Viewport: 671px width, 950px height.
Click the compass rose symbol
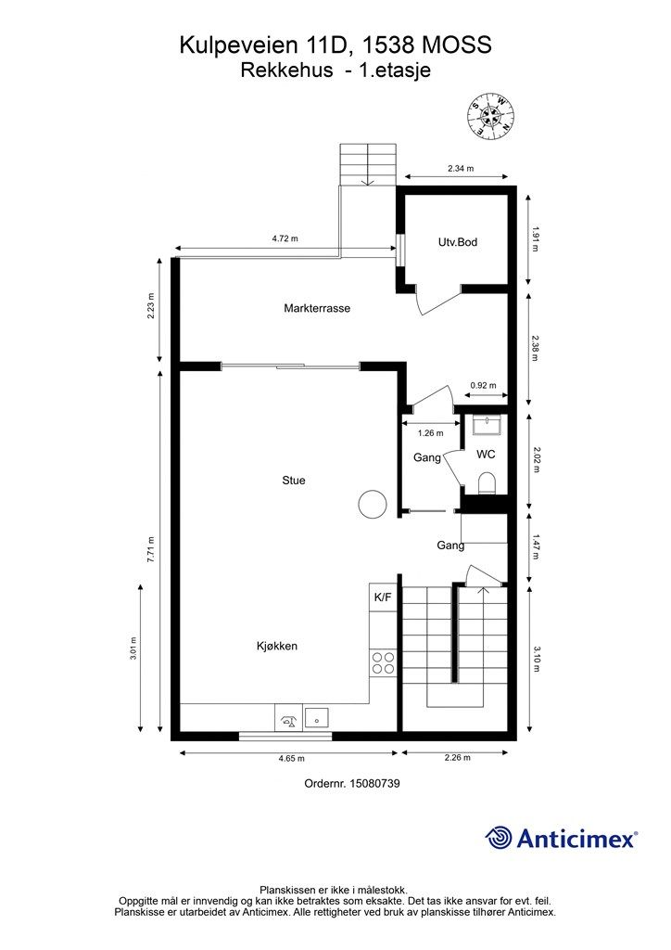point(490,116)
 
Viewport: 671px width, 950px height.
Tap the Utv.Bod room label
point(458,242)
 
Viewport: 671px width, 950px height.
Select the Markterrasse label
point(317,308)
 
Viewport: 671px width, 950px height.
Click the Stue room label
point(294,481)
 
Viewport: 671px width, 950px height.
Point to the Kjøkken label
point(276,646)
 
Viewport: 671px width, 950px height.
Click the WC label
point(486,455)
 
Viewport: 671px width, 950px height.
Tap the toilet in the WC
point(487,483)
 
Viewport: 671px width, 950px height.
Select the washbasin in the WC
point(487,425)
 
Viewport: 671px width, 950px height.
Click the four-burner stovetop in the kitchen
point(383,662)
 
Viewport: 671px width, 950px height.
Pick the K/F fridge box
point(383,597)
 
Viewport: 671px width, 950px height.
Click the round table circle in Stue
point(372,504)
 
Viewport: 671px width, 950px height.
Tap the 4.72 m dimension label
point(285,238)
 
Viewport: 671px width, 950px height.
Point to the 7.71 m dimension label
point(151,549)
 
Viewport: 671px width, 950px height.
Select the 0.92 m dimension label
point(484,385)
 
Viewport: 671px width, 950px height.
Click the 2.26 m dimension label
point(458,757)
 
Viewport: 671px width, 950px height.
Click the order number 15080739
point(373,783)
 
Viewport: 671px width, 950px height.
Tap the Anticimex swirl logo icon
point(498,838)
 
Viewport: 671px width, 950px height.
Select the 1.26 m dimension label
point(430,433)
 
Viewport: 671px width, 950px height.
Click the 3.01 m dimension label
point(133,648)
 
